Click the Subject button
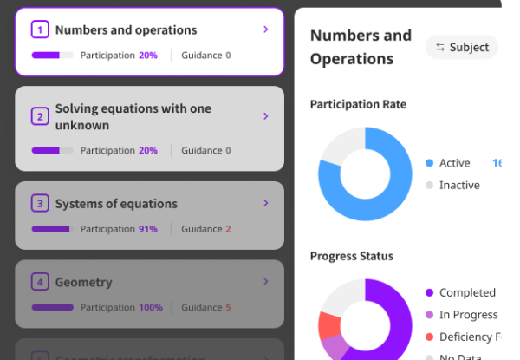(462, 48)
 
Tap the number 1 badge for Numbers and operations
(40, 30)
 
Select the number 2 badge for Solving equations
(40, 116)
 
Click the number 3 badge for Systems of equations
(40, 204)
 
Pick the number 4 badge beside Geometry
(40, 282)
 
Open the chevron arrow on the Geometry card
(265, 282)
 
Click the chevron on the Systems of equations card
(265, 204)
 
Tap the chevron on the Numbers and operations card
(265, 29)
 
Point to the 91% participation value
(148, 229)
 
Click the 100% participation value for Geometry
(151, 307)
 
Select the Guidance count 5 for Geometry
(228, 307)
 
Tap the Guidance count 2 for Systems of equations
(228, 229)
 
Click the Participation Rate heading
(358, 104)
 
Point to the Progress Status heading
(352, 256)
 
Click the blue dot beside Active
(429, 163)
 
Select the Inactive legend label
(459, 185)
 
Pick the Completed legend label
(467, 293)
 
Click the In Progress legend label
(468, 315)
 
